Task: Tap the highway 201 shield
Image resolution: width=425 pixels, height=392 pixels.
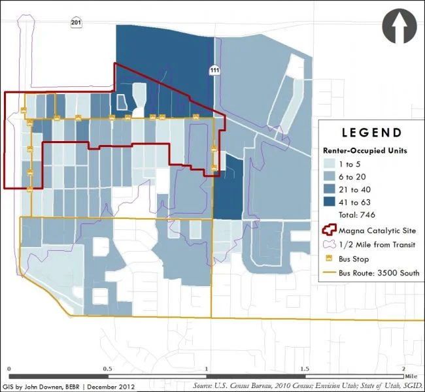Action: (76, 24)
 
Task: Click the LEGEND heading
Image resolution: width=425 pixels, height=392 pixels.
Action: (371, 133)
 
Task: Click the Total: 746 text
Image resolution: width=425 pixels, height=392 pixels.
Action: (357, 214)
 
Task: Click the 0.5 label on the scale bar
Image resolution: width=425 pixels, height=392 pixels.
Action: (107, 369)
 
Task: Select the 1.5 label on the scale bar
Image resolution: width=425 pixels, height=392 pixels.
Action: (305, 369)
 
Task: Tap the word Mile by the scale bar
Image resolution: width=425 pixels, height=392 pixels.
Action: (411, 376)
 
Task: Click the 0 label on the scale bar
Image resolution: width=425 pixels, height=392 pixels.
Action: (8, 369)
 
